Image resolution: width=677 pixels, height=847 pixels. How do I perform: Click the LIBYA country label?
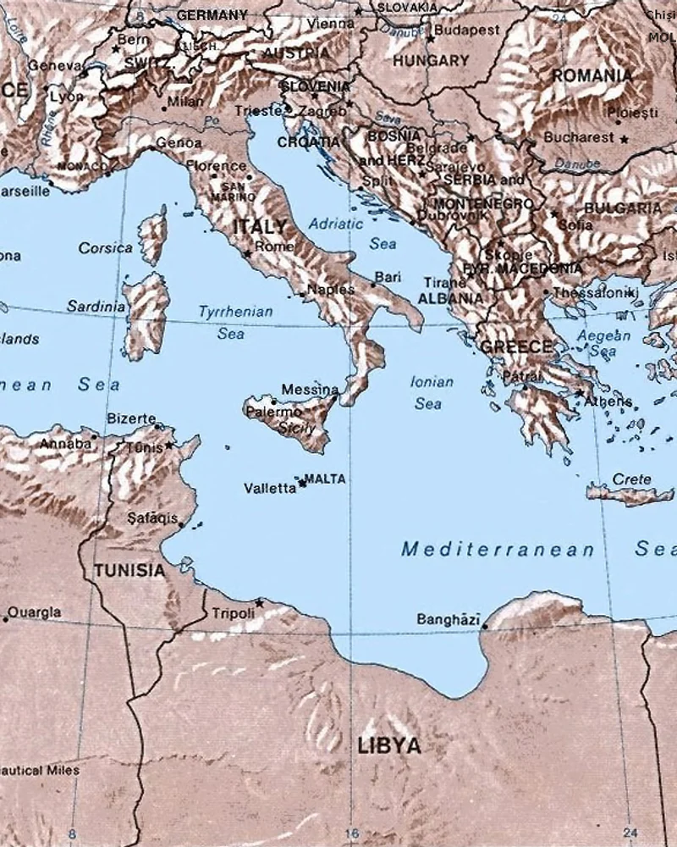[x=388, y=746]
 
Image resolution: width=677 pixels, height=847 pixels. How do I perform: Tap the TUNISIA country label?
[x=129, y=570]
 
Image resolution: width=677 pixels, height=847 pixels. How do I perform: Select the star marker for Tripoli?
[x=259, y=603]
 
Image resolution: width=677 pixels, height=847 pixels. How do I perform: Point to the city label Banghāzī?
[x=448, y=619]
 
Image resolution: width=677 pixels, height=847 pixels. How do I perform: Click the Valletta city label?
[x=269, y=489]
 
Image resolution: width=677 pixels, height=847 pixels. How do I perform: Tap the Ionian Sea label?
[x=431, y=393]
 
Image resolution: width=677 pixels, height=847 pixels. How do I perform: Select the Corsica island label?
[x=105, y=248]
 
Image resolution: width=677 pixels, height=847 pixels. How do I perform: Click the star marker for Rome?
[x=247, y=253]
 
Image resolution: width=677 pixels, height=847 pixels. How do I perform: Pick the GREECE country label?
[x=516, y=346]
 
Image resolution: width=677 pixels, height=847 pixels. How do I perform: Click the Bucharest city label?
[x=579, y=136]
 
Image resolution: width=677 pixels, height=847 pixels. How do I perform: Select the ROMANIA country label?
[x=592, y=75]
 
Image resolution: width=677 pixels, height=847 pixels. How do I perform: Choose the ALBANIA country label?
[x=451, y=298]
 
